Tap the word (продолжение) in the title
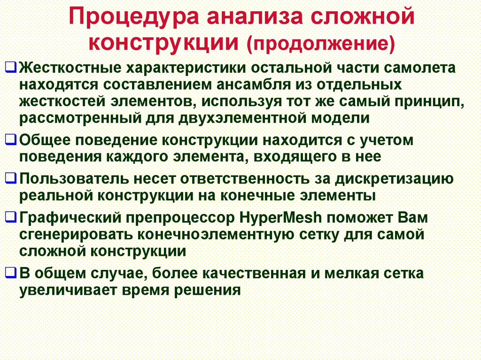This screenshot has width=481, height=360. pos(321,43)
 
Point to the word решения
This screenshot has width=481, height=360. pos(207,290)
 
